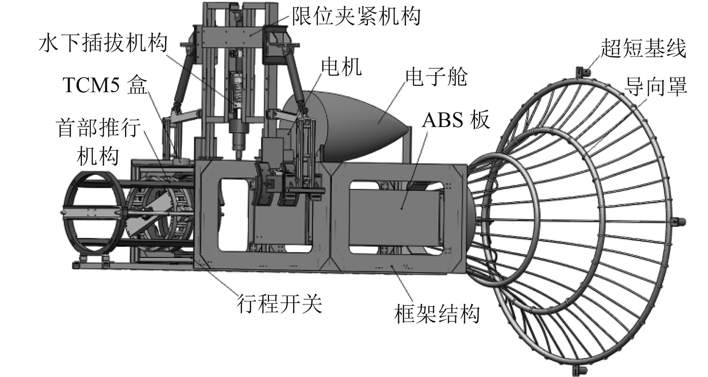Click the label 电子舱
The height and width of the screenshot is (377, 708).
[x=437, y=77]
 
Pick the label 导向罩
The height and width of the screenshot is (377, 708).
[x=656, y=86]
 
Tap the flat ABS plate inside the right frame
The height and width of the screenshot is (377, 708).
[x=397, y=217]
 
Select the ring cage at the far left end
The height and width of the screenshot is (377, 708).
[x=94, y=214]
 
